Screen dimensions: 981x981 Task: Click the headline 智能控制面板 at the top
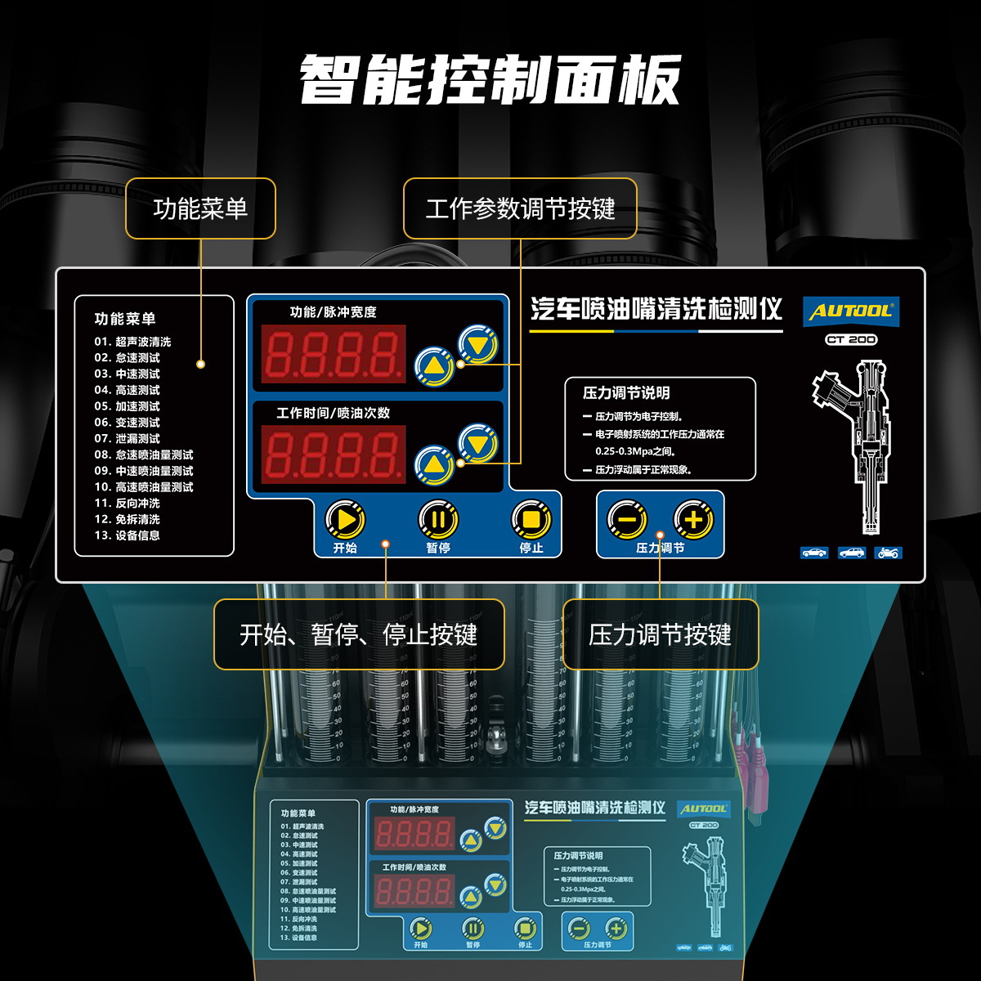[x=490, y=80]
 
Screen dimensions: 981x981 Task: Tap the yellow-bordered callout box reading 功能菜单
[x=200, y=209]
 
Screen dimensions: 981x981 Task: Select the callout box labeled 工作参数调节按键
[x=520, y=209]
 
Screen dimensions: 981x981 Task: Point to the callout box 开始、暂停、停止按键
[x=359, y=634]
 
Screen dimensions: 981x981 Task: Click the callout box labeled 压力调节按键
[x=660, y=634]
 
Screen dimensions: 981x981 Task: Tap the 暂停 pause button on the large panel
[x=438, y=519]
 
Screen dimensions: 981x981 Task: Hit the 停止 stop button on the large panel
[x=531, y=519]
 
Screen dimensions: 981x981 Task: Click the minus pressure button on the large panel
[x=627, y=519]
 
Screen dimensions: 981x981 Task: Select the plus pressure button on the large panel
[x=693, y=519]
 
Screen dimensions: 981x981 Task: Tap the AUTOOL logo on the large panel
[x=851, y=311]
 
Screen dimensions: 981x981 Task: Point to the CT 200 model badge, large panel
[x=851, y=339]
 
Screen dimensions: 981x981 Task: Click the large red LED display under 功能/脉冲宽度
[x=333, y=354]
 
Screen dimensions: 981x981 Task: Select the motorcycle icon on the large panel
[x=889, y=553]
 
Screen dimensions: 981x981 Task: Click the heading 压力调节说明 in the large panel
[x=626, y=393]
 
